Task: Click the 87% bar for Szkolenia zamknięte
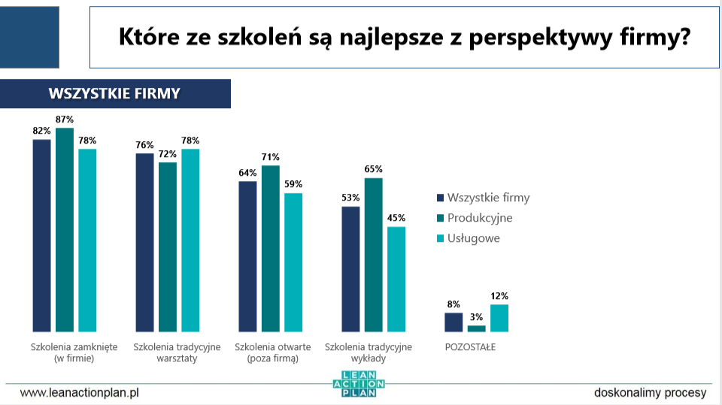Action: point(65,229)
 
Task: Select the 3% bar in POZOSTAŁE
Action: point(477,328)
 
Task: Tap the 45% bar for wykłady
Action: point(396,279)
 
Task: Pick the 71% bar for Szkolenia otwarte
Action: point(271,249)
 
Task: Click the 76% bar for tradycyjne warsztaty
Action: point(144,242)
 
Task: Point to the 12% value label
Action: point(499,296)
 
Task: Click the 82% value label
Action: point(41,131)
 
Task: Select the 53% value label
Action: point(350,198)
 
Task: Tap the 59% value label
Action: point(293,184)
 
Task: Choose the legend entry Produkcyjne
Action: point(479,218)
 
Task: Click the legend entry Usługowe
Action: point(473,238)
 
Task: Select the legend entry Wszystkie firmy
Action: point(487,198)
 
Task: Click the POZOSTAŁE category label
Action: point(470,347)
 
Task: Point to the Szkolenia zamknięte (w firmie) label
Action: point(65,353)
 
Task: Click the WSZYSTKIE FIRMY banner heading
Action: point(114,94)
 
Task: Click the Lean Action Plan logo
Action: point(359,384)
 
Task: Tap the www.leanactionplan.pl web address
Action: point(80,392)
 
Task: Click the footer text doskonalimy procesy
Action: point(650,392)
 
